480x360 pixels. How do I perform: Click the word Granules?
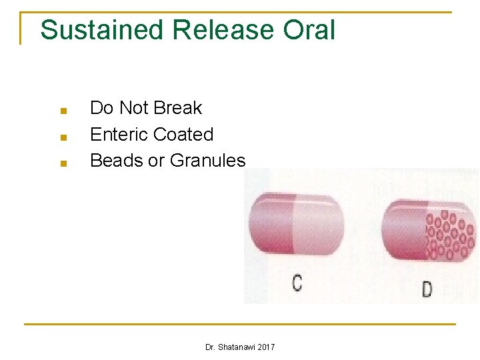tap(208, 161)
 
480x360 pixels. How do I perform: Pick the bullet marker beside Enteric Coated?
tap(62, 137)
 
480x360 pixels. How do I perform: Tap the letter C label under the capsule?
tap(297, 283)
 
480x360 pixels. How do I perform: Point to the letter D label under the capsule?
tap(427, 289)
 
